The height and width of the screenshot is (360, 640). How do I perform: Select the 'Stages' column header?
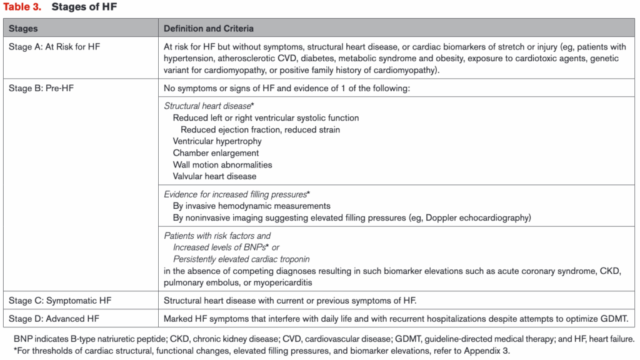[23, 29]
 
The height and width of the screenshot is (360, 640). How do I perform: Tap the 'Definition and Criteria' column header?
[209, 29]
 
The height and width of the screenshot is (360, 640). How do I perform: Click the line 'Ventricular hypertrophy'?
[217, 141]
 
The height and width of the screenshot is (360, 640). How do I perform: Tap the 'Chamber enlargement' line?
[216, 153]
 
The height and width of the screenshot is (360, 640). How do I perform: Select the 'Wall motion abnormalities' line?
[222, 165]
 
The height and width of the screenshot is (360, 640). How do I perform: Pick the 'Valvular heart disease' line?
[214, 177]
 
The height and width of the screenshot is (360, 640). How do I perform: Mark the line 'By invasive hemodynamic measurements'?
[251, 206]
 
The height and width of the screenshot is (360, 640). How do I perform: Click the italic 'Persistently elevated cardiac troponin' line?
[241, 259]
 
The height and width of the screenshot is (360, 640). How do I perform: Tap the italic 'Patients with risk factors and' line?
[217, 236]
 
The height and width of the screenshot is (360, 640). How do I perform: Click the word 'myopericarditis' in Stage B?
[265, 283]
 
